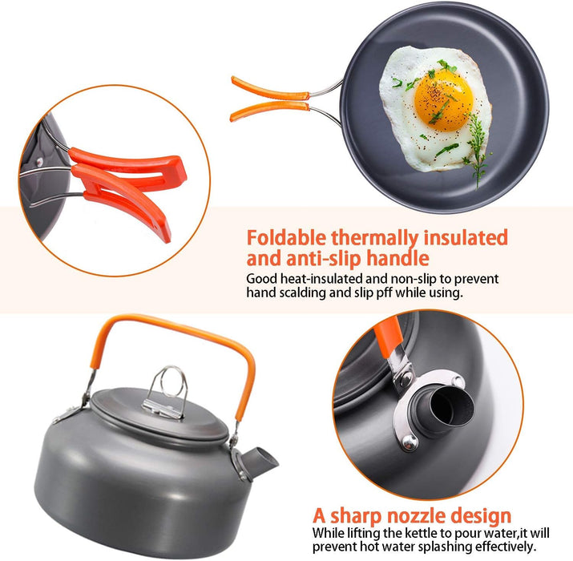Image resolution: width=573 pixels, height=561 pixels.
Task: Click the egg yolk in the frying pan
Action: (x=444, y=100)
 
